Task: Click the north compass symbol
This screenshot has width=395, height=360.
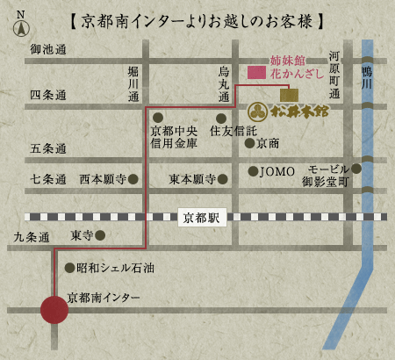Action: point(20,25)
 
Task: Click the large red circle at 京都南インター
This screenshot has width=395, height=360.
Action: point(54,310)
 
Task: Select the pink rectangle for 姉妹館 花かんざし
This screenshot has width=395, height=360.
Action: point(257,73)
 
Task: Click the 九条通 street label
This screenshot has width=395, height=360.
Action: point(32,236)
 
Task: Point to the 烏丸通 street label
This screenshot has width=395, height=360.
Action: point(225,84)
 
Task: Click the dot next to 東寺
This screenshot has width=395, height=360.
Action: point(101,235)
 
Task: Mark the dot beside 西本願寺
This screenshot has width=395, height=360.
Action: point(133,179)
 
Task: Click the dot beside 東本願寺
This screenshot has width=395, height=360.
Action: point(223,179)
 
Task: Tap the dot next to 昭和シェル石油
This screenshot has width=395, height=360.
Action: point(69,267)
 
